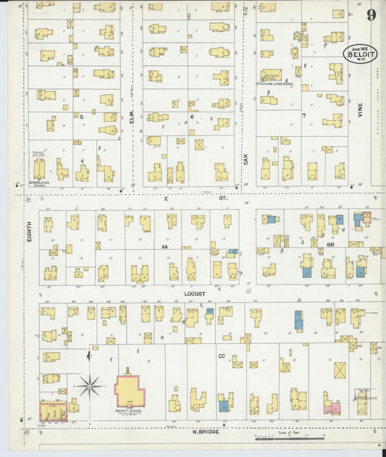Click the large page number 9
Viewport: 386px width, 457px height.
coord(371,15)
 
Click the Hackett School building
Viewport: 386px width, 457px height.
coord(130,391)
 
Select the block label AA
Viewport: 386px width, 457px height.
coord(165,246)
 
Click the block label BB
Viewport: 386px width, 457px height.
coord(330,246)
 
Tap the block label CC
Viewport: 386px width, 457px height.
coord(222,356)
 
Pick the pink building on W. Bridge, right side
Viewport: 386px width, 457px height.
coord(332,408)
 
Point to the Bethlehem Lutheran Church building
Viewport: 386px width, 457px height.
coord(271,75)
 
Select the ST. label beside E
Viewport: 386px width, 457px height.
coord(223,197)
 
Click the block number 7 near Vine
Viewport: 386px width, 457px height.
coord(304,115)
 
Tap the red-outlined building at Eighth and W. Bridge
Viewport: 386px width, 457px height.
coord(53,411)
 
